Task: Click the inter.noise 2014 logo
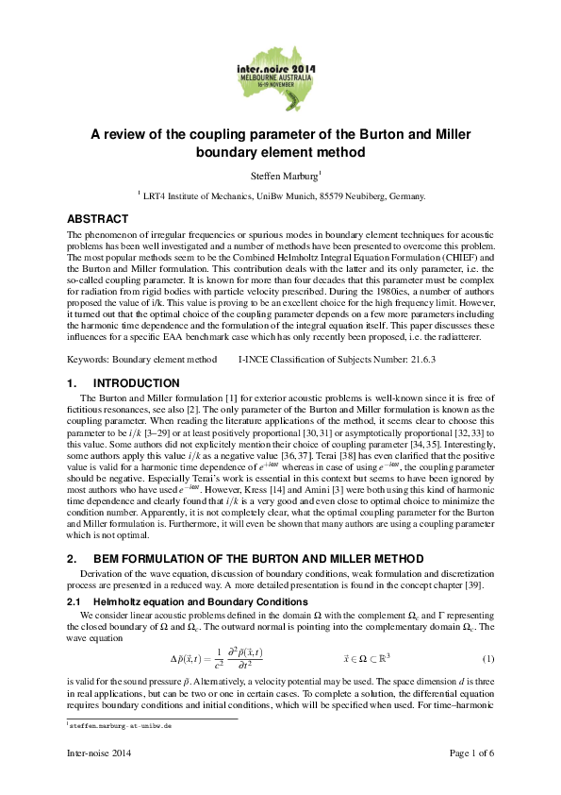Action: click(x=280, y=71)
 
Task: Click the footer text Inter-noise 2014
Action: click(x=98, y=753)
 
